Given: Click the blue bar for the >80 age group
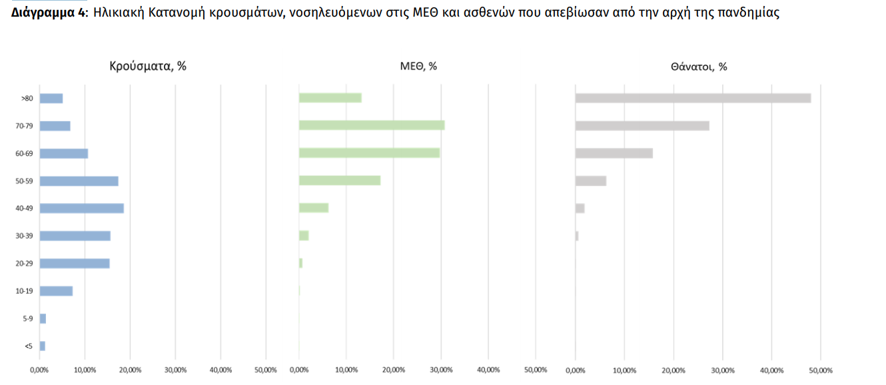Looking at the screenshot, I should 51,99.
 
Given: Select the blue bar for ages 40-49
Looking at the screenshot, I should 81,208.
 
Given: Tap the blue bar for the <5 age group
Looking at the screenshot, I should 43,346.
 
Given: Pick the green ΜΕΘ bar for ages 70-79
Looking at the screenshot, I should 372,125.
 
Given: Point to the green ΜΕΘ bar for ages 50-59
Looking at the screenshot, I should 340,181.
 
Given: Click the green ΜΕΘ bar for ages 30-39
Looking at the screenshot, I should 304,235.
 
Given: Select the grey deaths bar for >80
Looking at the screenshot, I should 693,98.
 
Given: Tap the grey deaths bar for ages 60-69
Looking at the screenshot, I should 614,153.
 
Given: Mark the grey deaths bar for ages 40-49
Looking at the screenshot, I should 580,208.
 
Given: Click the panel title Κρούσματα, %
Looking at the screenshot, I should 148,66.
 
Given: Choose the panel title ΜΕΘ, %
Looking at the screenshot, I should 418,66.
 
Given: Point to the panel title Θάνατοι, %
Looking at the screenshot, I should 699,67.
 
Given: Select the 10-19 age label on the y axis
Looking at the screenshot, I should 24,291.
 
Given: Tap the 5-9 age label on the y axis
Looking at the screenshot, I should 27,318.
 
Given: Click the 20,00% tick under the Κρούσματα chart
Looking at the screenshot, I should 130,370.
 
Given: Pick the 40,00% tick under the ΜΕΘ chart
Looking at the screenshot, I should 488,370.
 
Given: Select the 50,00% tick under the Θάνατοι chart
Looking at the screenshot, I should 821,370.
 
